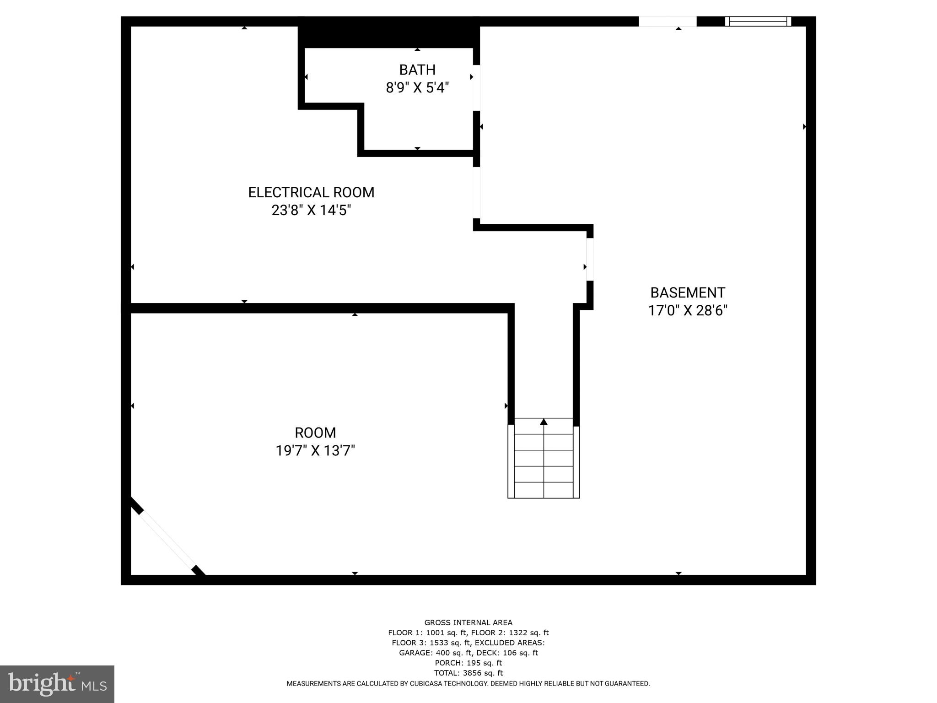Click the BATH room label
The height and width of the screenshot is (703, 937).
[417, 70]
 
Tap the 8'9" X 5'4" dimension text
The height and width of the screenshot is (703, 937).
[417, 88]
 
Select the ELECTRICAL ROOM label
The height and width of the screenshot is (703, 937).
[311, 192]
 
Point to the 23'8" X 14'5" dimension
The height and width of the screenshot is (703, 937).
[311, 211]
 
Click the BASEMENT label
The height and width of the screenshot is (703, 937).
[688, 293]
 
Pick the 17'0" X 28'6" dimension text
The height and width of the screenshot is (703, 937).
[688, 311]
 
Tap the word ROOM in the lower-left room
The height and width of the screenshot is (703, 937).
[315, 433]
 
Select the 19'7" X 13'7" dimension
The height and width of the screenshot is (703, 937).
[315, 451]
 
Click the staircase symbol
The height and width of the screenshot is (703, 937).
[544, 462]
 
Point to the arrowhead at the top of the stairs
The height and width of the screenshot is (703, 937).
[544, 422]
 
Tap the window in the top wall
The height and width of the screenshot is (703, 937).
[758, 21]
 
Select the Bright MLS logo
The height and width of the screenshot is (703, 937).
[57, 684]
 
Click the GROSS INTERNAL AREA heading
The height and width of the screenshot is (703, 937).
[468, 622]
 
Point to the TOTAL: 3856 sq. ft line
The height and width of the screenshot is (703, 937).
[468, 673]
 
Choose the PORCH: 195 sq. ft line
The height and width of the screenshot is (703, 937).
[468, 663]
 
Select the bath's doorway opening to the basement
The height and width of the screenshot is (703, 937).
[476, 88]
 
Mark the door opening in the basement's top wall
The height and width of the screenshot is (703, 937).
[667, 21]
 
